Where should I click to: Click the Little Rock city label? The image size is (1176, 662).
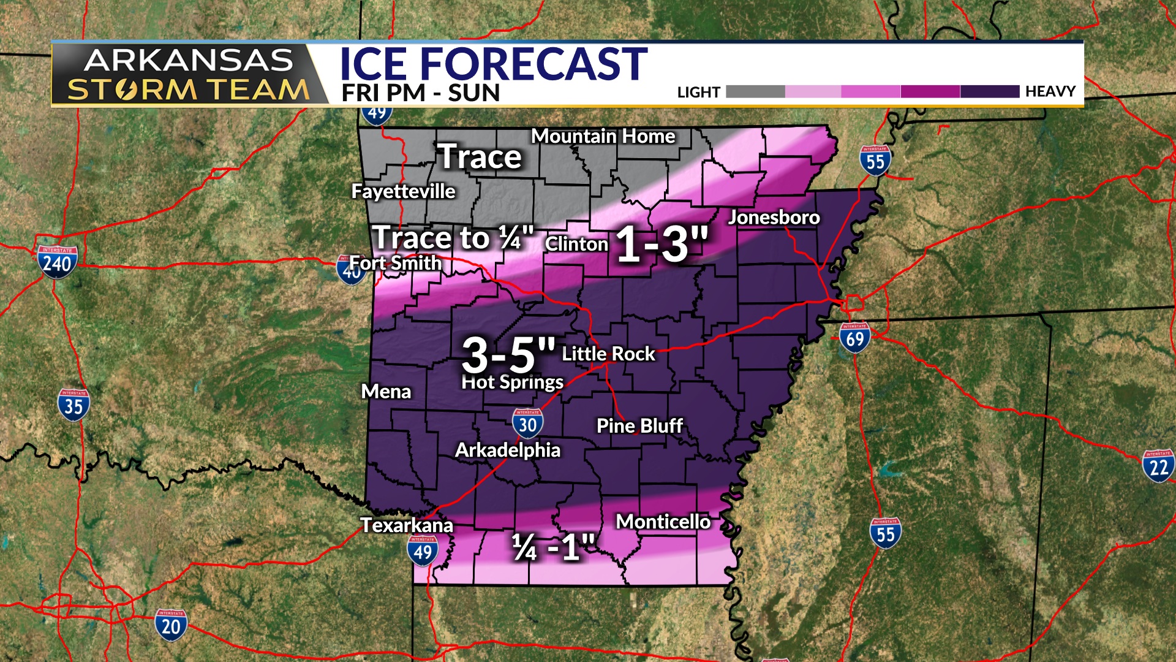coord(608,354)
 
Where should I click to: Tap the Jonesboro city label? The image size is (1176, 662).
coord(774,217)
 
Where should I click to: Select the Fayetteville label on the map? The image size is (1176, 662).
coord(403,191)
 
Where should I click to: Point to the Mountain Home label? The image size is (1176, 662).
coord(603,136)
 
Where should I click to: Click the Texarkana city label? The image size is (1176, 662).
coord(407,525)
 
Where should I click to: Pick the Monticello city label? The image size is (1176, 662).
coord(663,522)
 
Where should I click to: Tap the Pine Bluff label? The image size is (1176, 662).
coord(639,426)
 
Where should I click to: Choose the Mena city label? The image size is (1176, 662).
coord(386,392)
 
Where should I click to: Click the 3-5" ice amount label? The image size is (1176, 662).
coord(508,354)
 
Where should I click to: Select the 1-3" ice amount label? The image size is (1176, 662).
coord(661,244)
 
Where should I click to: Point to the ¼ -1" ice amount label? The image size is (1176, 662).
coord(553,547)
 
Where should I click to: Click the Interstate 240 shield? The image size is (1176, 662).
coord(57,262)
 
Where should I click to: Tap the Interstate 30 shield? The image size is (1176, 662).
coord(527,424)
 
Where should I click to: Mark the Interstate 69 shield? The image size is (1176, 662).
coord(854,338)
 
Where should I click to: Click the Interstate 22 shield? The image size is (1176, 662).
coord(1158,466)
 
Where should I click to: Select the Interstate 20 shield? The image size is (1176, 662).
coord(170,625)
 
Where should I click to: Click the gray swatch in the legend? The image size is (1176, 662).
coord(755,92)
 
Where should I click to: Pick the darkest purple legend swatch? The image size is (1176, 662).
coord(989,92)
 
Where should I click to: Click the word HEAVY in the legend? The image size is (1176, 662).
coord(1050,92)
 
